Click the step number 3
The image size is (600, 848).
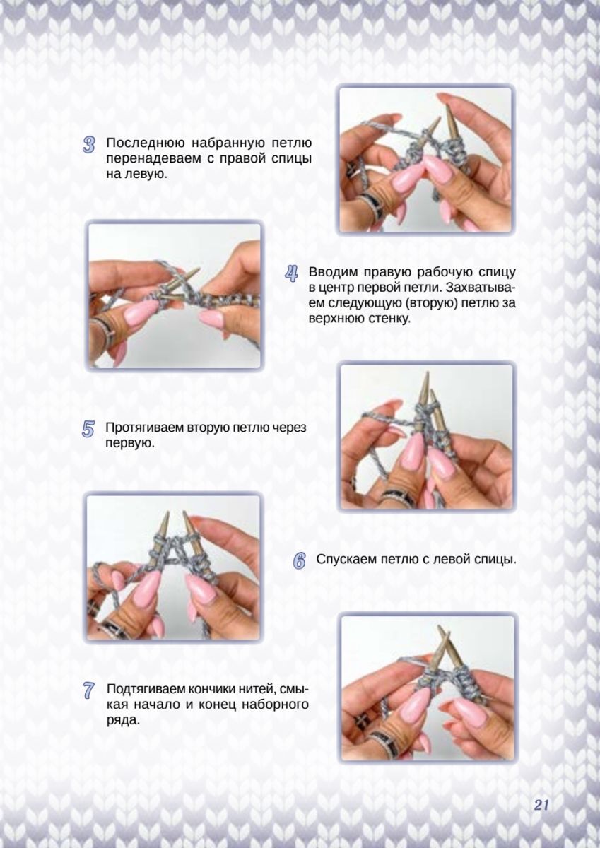[x=88, y=146]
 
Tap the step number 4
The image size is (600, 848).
[x=291, y=274]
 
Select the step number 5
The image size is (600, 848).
[x=88, y=430]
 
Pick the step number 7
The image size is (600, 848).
[x=88, y=690]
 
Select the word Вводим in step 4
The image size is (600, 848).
[x=331, y=272]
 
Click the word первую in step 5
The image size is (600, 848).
[x=131, y=443]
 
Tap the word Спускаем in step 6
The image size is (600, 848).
[x=346, y=560]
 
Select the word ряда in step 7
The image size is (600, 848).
[x=123, y=720]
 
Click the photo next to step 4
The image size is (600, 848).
[x=174, y=295]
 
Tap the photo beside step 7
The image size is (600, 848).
[x=428, y=686]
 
